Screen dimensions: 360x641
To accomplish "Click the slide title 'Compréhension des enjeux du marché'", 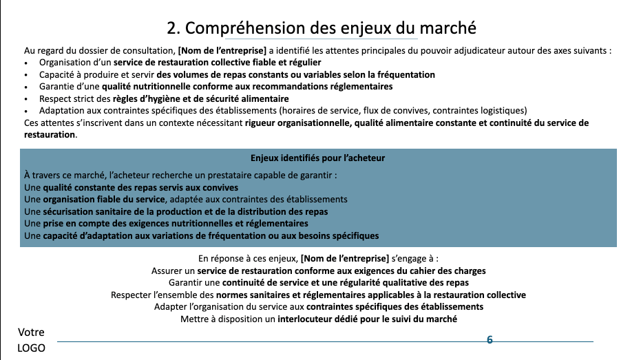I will (321, 28).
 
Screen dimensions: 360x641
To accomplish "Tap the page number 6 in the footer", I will (490, 340).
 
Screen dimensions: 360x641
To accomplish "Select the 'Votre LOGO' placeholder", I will (31, 341).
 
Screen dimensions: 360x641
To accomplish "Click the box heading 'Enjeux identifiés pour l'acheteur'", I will (317, 158).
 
